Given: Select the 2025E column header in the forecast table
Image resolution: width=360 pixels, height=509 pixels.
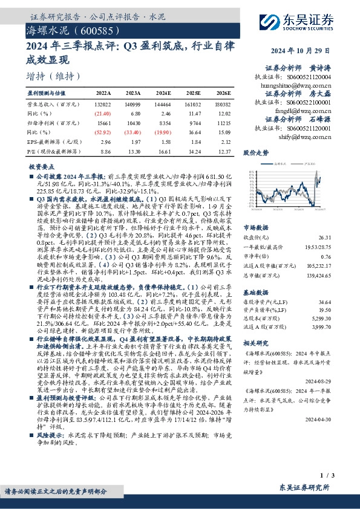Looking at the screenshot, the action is point(194,94).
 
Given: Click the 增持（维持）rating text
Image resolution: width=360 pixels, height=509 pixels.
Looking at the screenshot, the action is point(54,76).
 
